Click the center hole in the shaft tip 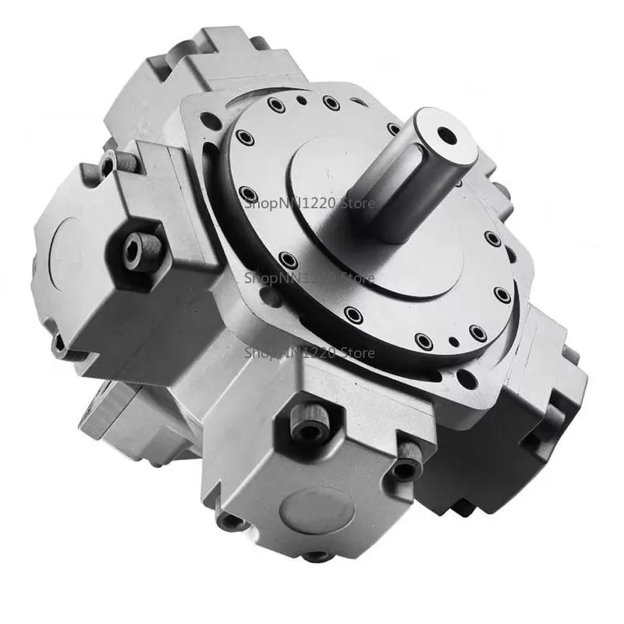click(447, 136)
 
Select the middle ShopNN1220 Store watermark click(310, 277)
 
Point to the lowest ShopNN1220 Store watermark click(310, 353)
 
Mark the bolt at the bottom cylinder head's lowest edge click(316, 556)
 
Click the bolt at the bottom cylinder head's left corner click(227, 518)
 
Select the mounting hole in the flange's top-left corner click(208, 121)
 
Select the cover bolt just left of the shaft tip click(394, 128)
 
